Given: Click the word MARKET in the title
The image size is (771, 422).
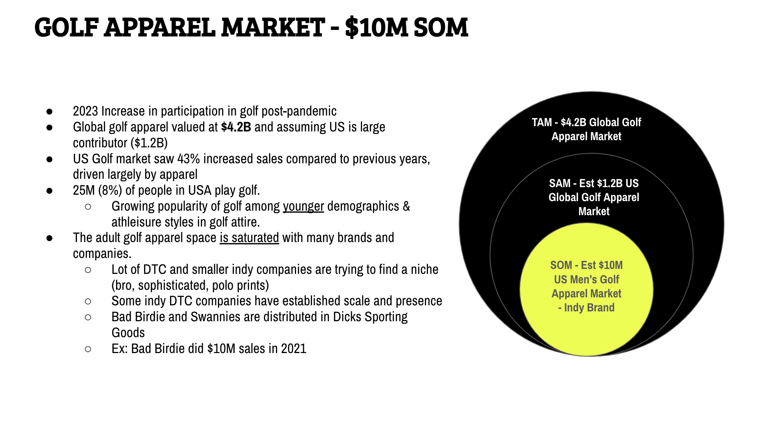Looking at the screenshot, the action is coord(273,27).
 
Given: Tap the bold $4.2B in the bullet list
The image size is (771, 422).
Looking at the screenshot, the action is coord(236,127).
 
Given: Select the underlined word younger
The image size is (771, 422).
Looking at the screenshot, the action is coord(303,206).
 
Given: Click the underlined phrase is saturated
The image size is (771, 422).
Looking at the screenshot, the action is coord(249,238).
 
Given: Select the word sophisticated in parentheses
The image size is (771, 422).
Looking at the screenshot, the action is coord(172,285).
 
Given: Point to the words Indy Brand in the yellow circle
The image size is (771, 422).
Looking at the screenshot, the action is coord(589,308).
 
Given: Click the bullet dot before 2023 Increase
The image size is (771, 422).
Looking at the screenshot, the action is coord(49,111).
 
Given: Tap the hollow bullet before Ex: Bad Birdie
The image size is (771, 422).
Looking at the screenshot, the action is coord(88,349).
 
